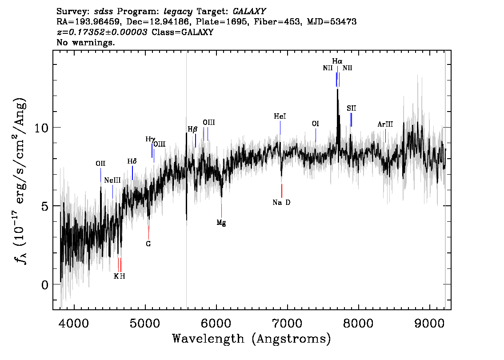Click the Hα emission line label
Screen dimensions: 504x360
(337, 61)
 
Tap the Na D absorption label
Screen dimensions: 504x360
(281, 202)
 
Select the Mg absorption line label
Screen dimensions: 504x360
(221, 222)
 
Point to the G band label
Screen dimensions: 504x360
(148, 244)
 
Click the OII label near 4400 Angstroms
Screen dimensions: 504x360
(100, 163)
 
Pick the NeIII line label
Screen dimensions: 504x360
(112, 180)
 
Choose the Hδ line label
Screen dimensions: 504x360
(132, 161)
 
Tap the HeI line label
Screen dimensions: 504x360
(280, 116)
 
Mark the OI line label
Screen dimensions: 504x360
(315, 124)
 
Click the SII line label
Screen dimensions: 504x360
(351, 108)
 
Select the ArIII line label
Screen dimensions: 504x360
(385, 124)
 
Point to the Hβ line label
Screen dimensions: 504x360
(192, 129)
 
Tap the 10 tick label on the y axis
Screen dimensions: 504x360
(41, 128)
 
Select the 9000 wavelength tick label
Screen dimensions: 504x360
(429, 323)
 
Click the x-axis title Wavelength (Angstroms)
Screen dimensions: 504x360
(252, 339)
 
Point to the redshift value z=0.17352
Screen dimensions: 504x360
(102, 32)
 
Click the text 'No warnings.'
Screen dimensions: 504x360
(85, 42)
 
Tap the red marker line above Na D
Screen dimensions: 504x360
(282, 191)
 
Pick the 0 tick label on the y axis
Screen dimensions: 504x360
(45, 285)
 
